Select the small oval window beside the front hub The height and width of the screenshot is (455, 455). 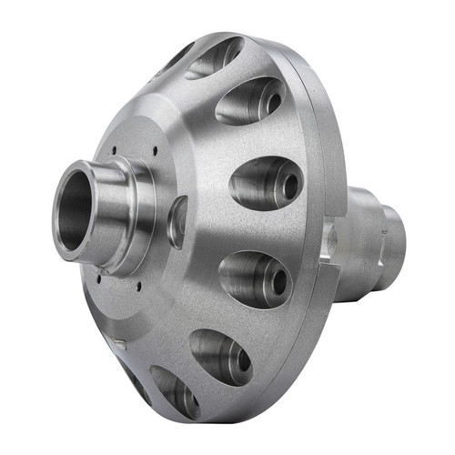tap(178, 221)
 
